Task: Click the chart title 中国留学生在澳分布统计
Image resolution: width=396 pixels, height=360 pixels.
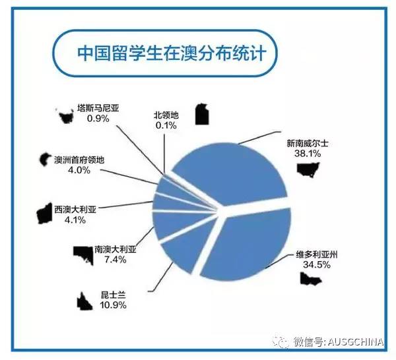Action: tap(172, 53)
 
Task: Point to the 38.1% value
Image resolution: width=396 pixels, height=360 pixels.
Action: tap(308, 154)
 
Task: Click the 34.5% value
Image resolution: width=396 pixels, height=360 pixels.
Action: tap(317, 264)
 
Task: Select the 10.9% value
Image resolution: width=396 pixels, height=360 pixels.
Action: tap(113, 305)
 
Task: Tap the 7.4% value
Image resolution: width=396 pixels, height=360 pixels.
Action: tap(115, 259)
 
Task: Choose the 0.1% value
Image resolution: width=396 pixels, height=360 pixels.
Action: tap(166, 125)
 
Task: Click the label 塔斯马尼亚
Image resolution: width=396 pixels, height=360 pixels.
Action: tap(98, 108)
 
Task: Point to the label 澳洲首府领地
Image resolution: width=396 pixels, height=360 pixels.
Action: tap(79, 160)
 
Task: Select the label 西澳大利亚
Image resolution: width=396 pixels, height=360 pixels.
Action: tap(75, 210)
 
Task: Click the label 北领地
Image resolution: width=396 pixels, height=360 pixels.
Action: tap(166, 115)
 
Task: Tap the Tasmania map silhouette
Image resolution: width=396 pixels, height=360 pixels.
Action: tap(66, 116)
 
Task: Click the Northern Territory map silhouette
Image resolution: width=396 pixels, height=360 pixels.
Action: tap(203, 114)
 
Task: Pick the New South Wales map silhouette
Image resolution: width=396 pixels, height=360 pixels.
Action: tap(308, 169)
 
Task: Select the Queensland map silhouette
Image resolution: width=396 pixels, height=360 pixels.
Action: tap(84, 301)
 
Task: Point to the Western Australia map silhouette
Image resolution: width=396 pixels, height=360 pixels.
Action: tap(44, 214)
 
